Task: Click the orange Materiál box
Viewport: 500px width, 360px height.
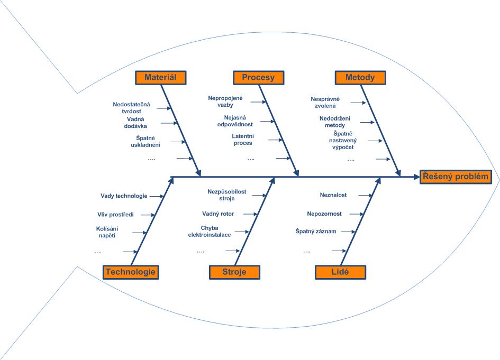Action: [161, 78]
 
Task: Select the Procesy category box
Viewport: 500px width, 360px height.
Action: [258, 78]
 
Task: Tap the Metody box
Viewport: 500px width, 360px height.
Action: [360, 78]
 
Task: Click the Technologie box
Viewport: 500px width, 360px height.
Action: [131, 272]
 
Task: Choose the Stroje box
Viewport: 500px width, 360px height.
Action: [234, 272]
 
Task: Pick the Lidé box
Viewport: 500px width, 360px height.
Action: [340, 272]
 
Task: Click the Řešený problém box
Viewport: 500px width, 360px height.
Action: [456, 177]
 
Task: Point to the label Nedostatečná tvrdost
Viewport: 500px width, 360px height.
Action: [131, 108]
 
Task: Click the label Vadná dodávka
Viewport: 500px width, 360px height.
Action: [135, 123]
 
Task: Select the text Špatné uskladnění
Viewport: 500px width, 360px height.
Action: [146, 142]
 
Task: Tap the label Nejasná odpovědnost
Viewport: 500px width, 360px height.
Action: [235, 121]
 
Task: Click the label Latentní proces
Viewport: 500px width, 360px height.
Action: [243, 140]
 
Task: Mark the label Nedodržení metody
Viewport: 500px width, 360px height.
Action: [335, 122]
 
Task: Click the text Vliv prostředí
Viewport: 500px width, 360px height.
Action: [115, 215]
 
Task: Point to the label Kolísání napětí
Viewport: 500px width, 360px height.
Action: [107, 232]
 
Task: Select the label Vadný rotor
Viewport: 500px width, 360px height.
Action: [218, 214]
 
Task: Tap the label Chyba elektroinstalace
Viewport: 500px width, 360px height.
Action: [210, 232]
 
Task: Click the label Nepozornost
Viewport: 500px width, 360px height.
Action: [324, 214]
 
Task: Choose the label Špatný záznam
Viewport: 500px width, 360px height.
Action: [316, 232]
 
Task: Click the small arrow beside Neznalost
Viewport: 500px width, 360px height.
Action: [366, 195]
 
